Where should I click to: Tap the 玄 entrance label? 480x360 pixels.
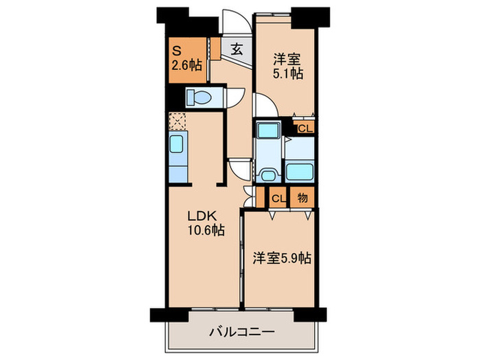click(237, 49)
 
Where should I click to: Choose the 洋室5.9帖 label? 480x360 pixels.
click(280, 259)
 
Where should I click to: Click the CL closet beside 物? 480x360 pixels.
click(278, 198)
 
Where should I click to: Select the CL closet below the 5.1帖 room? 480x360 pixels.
click(305, 127)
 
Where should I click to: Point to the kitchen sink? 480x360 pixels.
click(177, 146)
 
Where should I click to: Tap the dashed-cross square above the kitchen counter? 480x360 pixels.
click(177, 121)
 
